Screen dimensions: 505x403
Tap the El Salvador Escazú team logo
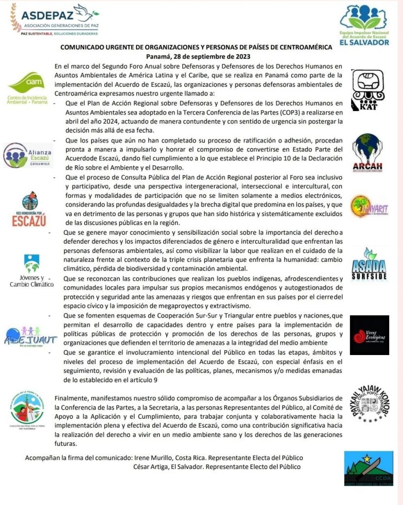pyautogui.click(x=365, y=25)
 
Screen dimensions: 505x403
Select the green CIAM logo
pyautogui.click(x=27, y=88)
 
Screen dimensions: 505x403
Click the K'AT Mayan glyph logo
pyautogui.click(x=367, y=89)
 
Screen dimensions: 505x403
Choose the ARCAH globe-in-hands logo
pyautogui.click(x=367, y=152)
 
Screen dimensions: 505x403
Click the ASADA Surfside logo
pyautogui.click(x=369, y=264)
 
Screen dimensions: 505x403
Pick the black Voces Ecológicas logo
pyautogui.click(x=369, y=335)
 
